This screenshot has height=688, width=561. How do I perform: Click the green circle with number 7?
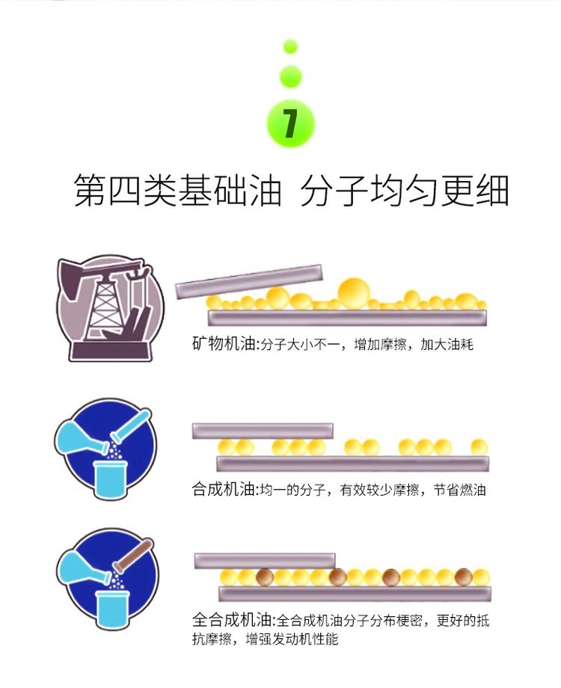(x=290, y=124)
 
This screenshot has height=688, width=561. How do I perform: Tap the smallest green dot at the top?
(x=290, y=46)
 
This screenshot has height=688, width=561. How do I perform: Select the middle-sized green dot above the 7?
(x=290, y=76)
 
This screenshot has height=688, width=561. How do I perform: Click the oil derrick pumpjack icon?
(x=110, y=308)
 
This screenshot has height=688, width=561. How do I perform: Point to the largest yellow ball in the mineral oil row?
(x=354, y=293)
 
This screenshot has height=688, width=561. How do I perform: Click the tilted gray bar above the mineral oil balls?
(x=249, y=281)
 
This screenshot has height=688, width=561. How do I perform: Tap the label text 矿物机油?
(x=224, y=344)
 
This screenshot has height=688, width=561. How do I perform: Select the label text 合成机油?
(x=224, y=489)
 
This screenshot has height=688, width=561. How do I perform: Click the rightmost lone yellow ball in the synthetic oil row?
(x=479, y=447)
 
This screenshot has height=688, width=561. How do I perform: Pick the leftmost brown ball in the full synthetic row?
(x=265, y=577)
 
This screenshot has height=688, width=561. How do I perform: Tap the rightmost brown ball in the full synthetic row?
(x=464, y=577)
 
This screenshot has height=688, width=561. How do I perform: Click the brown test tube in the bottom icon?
(x=133, y=555)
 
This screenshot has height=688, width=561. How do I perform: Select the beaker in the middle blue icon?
(x=111, y=479)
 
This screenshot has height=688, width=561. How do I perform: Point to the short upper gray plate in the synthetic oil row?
(x=263, y=431)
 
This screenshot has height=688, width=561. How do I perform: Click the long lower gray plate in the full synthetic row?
(x=355, y=594)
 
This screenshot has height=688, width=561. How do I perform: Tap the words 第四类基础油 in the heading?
(x=177, y=191)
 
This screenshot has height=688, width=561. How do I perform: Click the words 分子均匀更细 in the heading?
(x=405, y=191)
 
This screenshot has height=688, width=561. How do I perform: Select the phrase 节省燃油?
(x=459, y=489)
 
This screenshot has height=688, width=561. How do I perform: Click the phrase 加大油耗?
(x=447, y=345)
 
